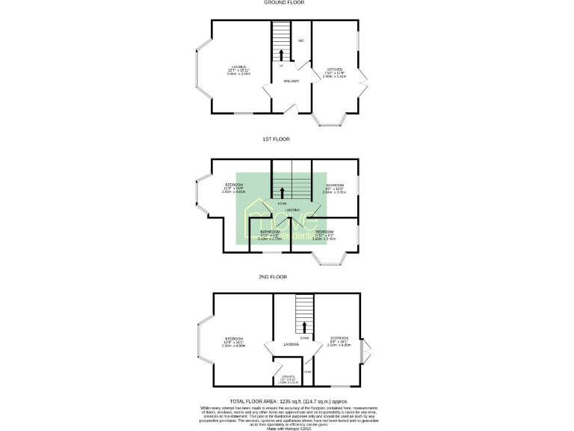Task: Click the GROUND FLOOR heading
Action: pos(286,3)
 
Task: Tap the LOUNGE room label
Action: pos(240,67)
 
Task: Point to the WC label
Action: pos(301,40)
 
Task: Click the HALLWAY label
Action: pos(291,82)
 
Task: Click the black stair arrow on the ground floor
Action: pos(282,55)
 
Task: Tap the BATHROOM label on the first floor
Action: pos(270,232)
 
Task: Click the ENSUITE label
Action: pos(288,376)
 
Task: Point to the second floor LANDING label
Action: pos(284,345)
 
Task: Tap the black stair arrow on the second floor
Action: pos(303,327)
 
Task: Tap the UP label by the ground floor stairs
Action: pos(281,67)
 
